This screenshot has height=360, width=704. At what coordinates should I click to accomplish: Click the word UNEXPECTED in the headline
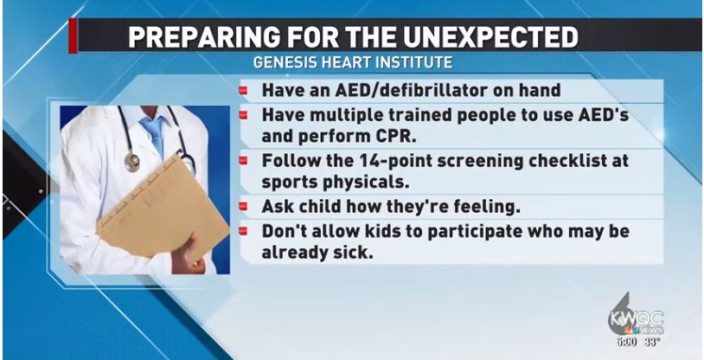490,38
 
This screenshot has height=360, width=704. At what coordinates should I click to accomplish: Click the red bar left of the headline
73,35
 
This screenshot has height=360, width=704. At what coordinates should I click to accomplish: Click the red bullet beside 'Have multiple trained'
243,115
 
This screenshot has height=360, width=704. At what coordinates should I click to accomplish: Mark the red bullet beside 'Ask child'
243,207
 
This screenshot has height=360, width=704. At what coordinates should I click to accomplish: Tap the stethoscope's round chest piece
132,162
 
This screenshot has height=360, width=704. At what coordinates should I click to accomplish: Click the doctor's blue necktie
154,132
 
